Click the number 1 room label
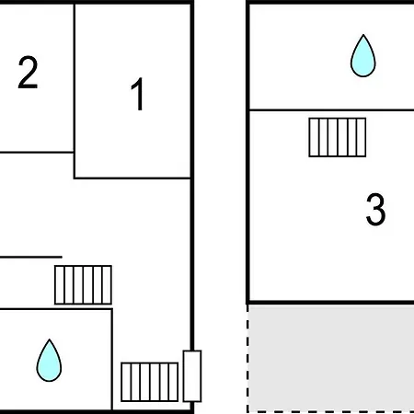pos(138,94)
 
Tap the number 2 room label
pos(28,72)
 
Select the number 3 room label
pos(375,209)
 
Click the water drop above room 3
pos(363,55)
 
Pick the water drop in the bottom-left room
pos(49,361)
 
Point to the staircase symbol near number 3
pos(338,137)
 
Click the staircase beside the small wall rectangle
pos(150,382)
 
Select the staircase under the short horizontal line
pos(83,285)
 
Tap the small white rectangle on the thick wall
pos(192,376)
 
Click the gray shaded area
pos(331,358)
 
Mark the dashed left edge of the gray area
pos(247,359)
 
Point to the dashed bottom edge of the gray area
pos(330,411)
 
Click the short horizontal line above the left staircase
pos(30,257)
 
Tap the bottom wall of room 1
pos(132,178)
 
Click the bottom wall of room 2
pos(37,152)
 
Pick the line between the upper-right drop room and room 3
pos(332,109)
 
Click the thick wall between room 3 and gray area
pos(330,303)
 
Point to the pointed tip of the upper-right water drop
pos(363,35)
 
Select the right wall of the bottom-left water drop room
pos(112,360)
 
